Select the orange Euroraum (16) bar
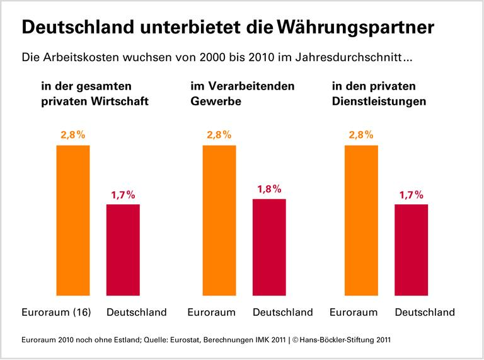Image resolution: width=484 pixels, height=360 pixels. tap(73, 220)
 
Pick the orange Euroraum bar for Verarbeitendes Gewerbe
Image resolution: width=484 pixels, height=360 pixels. tap(219, 220)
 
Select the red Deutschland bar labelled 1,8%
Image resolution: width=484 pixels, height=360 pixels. tap(269, 247)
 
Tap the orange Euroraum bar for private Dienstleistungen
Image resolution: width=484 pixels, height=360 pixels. tap(362, 220)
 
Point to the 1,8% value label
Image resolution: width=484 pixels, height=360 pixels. tap(269, 189)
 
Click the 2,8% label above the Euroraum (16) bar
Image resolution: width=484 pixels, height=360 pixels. tap(73, 135)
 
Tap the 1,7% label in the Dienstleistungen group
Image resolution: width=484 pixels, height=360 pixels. tap(412, 194)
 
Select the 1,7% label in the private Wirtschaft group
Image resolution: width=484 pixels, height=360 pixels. tap(123, 194)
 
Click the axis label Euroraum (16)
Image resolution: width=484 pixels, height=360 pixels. tap(57, 312)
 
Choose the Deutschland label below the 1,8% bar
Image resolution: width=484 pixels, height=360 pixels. tap(282, 312)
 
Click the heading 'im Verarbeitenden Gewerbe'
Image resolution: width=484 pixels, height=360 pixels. tap(242, 93)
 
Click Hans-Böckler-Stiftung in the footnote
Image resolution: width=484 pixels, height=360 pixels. tap(335, 339)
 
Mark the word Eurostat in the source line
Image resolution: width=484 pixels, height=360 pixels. tap(177, 339)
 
